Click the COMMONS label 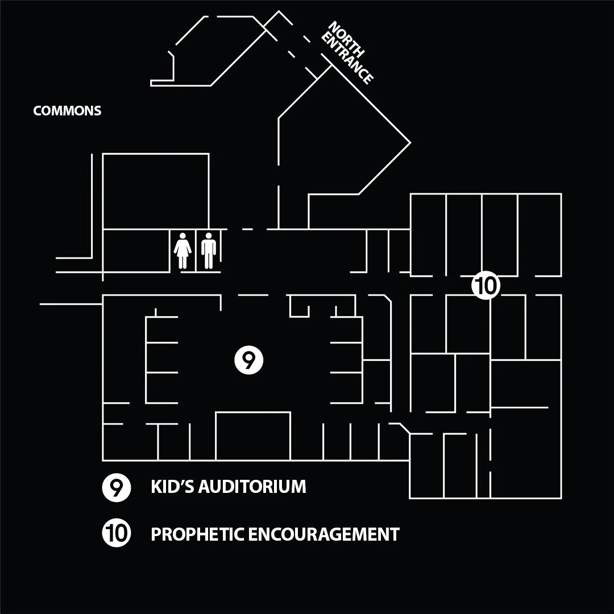click(67, 110)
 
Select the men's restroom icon click(209, 250)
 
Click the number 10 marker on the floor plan click(486, 285)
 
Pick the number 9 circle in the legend click(117, 488)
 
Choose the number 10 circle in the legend click(117, 534)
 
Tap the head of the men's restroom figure click(209, 235)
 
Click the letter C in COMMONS click(37, 110)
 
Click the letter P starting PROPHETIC click(155, 534)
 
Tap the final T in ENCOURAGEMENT click(395, 534)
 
